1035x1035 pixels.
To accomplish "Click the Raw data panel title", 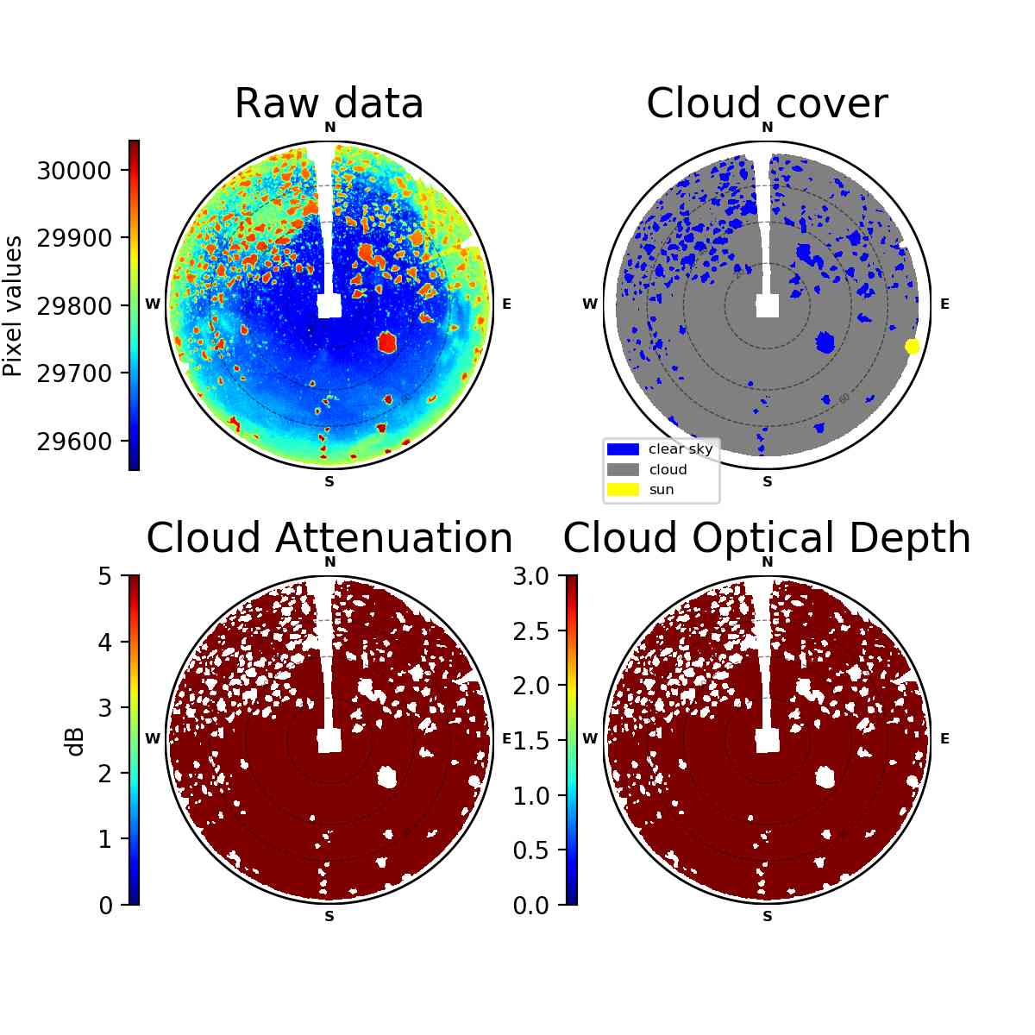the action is pos(329,103).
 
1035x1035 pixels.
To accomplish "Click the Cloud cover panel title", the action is pos(767,103).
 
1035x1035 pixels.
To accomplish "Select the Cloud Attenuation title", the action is pos(329,537).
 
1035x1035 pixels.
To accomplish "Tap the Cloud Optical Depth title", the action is pos(767,537).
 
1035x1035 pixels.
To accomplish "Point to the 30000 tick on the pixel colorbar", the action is pos(73,171).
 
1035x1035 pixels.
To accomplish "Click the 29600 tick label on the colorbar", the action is pos(73,442).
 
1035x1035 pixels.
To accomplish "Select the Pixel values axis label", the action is pos(12,306).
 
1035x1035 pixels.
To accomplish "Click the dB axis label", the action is pos(76,743).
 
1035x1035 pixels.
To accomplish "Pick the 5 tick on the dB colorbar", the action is pos(105,576).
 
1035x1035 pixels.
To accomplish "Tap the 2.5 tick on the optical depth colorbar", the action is pos(531,631).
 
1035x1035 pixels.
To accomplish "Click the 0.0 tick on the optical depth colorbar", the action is pos(531,906).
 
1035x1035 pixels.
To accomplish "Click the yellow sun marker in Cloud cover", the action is pos(912,347).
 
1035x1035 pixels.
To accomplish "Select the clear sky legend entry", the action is pos(660,448).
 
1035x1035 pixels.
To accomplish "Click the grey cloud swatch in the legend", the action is pos(623,469).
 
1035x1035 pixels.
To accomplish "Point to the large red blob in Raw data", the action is pos(386,342).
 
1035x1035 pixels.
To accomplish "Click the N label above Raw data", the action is pos(329,127).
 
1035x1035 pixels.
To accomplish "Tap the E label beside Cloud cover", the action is pos(944,304).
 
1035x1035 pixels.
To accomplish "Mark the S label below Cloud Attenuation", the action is pos(329,916).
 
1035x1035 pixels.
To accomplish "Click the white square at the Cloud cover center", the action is pos(768,305).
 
